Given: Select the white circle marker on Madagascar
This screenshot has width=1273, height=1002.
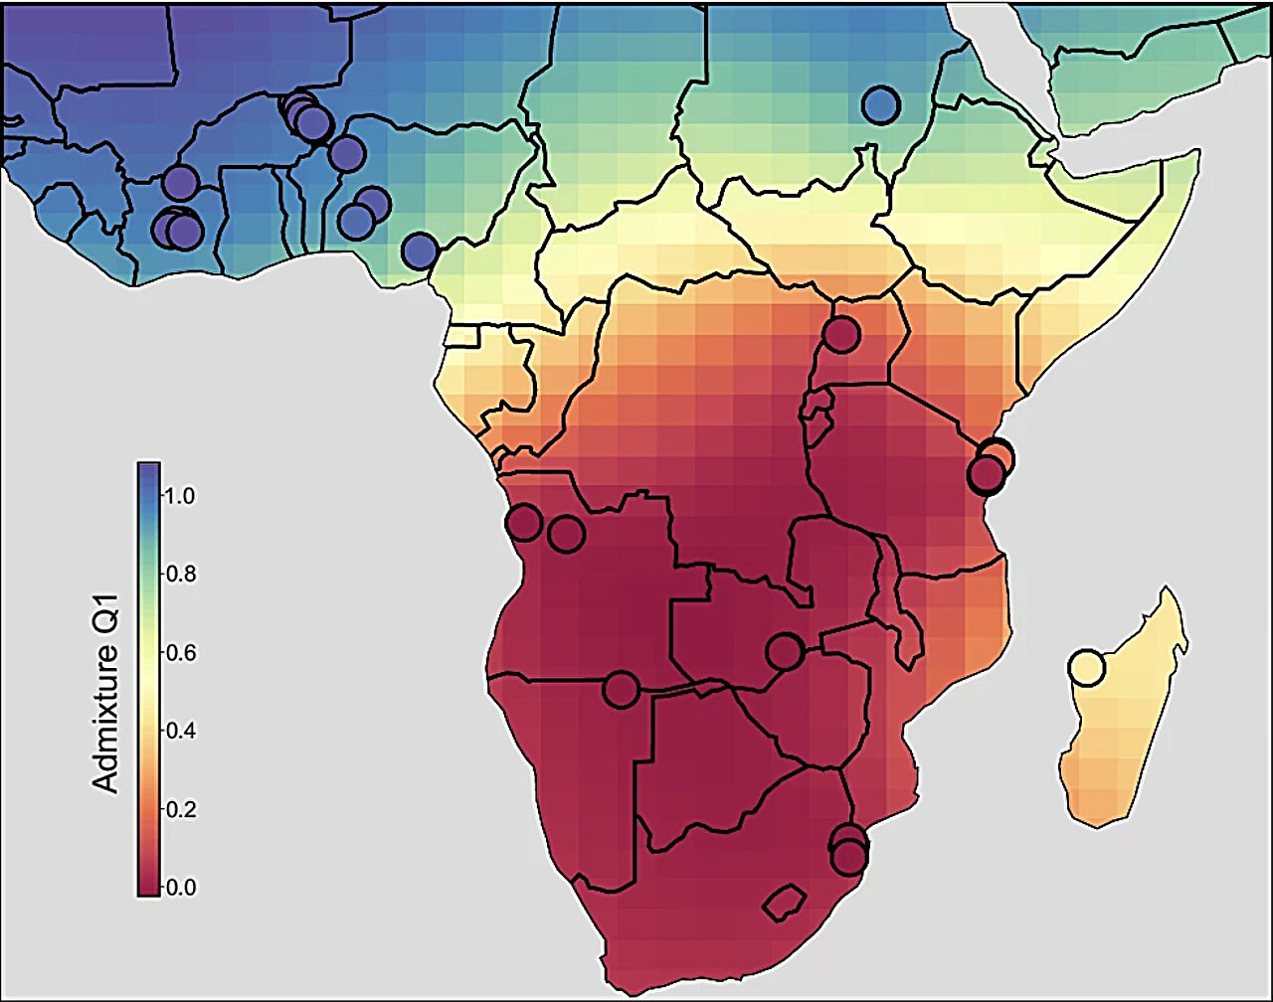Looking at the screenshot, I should click(1086, 667).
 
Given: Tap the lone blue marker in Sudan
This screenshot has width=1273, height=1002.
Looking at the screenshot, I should click(880, 103).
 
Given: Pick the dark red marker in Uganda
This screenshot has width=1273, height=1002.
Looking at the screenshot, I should click(840, 334).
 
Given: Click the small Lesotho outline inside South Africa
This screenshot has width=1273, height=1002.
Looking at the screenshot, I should click(784, 902).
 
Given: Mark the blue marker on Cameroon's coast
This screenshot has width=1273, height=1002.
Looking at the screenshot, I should click(420, 250).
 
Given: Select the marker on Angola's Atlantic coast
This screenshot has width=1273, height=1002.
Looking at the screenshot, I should click(523, 522).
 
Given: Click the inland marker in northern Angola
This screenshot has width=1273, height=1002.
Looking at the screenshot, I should click(566, 534).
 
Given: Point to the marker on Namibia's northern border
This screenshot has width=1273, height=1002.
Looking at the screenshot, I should click(621, 688).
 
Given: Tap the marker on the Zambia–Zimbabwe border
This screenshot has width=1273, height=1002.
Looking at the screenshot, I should click(784, 651).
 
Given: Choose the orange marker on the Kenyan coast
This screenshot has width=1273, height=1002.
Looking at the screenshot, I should click(997, 456).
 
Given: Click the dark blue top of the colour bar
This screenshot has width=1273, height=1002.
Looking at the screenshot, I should click(149, 470).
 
